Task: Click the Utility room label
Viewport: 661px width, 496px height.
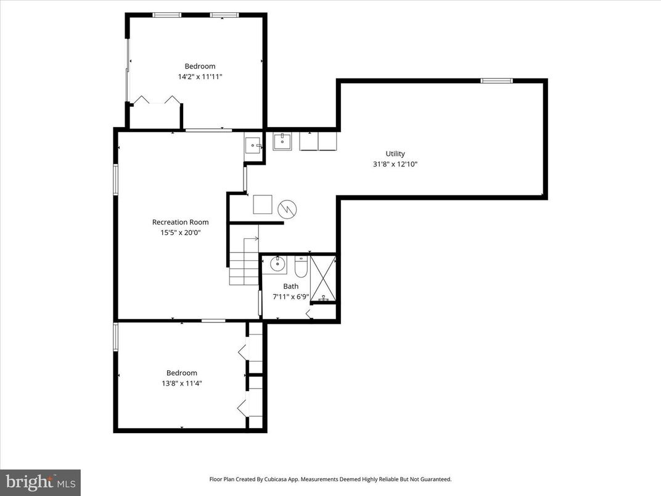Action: (x=395, y=154)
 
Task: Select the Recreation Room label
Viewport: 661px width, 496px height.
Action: (x=180, y=222)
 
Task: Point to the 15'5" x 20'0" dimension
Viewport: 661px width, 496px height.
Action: (x=180, y=233)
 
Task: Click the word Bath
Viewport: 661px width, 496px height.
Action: (x=290, y=286)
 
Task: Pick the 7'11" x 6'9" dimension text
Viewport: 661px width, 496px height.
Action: (x=290, y=297)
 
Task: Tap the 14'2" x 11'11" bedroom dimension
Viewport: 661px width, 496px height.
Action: (x=200, y=76)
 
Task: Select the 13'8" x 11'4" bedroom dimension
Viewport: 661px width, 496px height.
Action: (x=181, y=383)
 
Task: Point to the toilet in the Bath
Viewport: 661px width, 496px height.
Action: (x=301, y=267)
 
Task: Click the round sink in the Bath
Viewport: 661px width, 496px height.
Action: (x=277, y=265)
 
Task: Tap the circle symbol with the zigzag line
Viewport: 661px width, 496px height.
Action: (x=287, y=209)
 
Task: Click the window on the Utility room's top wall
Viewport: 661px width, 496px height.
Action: (x=496, y=80)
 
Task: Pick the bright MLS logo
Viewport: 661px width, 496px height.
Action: (x=40, y=482)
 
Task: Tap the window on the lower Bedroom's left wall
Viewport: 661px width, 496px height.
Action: (x=115, y=337)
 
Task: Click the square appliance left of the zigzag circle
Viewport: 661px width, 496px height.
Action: (x=263, y=204)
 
